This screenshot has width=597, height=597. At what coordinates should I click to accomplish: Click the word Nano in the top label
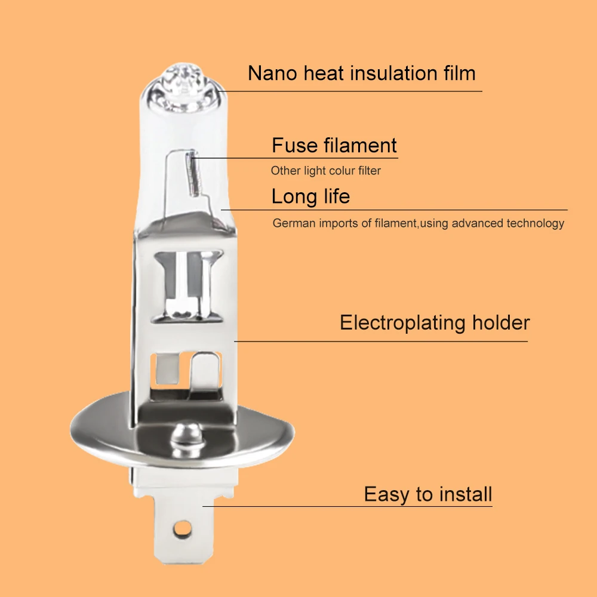(272, 73)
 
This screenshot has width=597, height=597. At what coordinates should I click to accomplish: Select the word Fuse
(295, 145)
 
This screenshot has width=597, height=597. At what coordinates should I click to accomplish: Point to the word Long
(294, 197)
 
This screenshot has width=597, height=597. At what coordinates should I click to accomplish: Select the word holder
(501, 322)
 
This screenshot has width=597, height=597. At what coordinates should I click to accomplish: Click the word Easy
(387, 495)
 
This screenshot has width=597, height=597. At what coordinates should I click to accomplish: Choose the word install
(466, 494)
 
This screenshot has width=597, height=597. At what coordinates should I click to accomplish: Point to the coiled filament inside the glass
(193, 174)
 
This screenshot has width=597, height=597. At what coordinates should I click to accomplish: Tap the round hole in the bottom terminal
(182, 528)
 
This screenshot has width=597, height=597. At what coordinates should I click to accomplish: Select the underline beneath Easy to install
(347, 506)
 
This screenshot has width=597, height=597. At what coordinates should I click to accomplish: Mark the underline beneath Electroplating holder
(381, 341)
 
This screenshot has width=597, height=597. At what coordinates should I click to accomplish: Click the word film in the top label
(460, 73)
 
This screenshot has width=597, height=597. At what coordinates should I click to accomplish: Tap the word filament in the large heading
(360, 145)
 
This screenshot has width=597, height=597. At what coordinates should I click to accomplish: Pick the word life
(337, 196)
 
